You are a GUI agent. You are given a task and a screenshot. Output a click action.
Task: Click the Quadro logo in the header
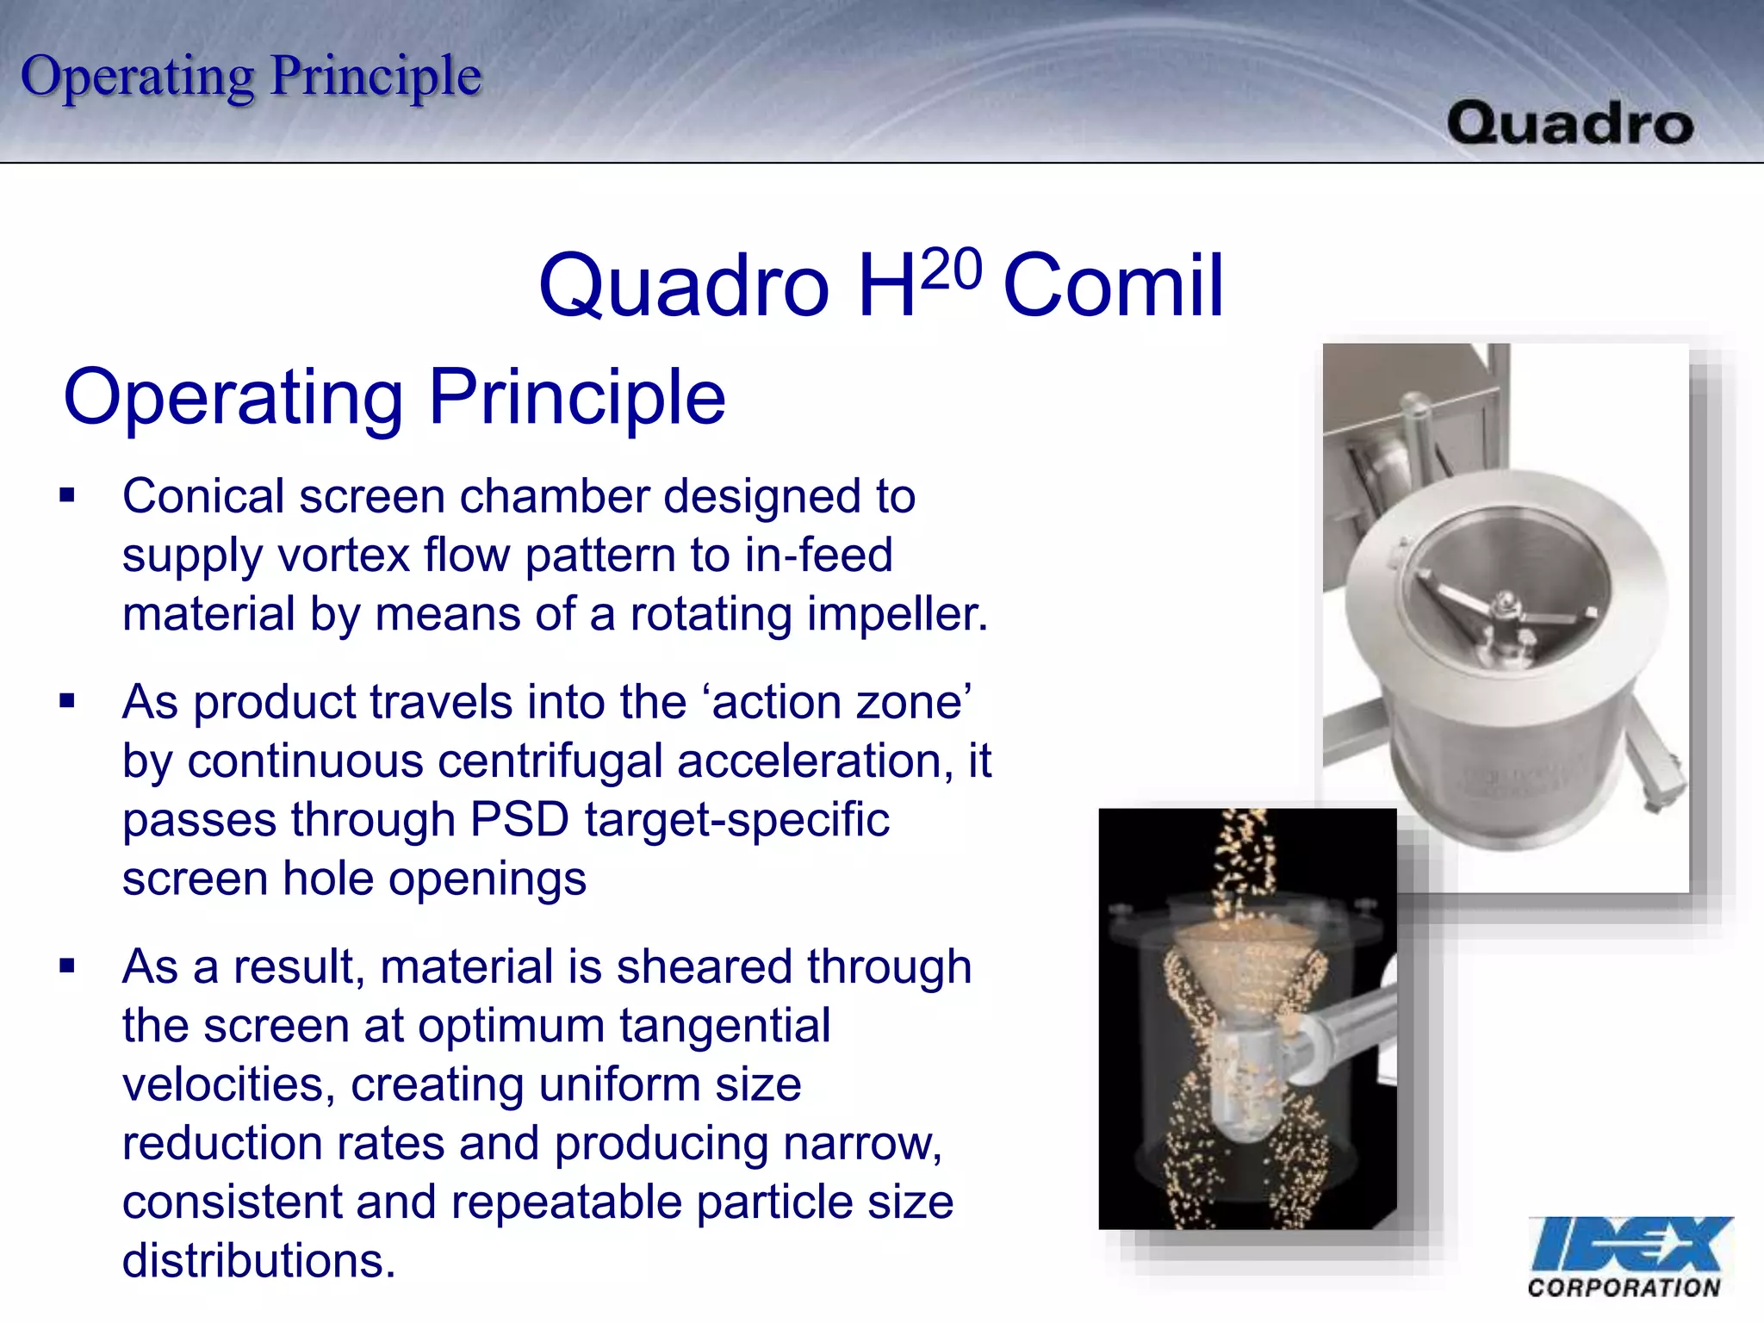pos(1569,123)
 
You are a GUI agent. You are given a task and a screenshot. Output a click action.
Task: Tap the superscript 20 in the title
pos(951,269)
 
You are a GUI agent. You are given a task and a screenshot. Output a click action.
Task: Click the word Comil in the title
pos(1113,286)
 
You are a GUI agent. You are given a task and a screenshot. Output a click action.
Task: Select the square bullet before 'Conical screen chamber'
pos(67,495)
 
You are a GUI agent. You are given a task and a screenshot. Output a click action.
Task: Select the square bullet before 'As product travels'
pos(67,701)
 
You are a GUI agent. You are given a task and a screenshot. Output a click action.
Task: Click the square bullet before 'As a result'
pos(67,966)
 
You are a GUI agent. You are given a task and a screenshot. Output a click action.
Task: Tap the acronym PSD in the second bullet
pos(519,819)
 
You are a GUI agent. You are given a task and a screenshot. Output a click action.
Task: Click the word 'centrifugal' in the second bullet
pos(550,761)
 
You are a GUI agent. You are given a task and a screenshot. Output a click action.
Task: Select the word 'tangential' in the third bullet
pos(724,1026)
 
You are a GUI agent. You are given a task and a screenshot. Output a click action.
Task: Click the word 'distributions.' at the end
pos(258,1261)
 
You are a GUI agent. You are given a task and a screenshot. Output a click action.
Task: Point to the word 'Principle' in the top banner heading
pos(376,76)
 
